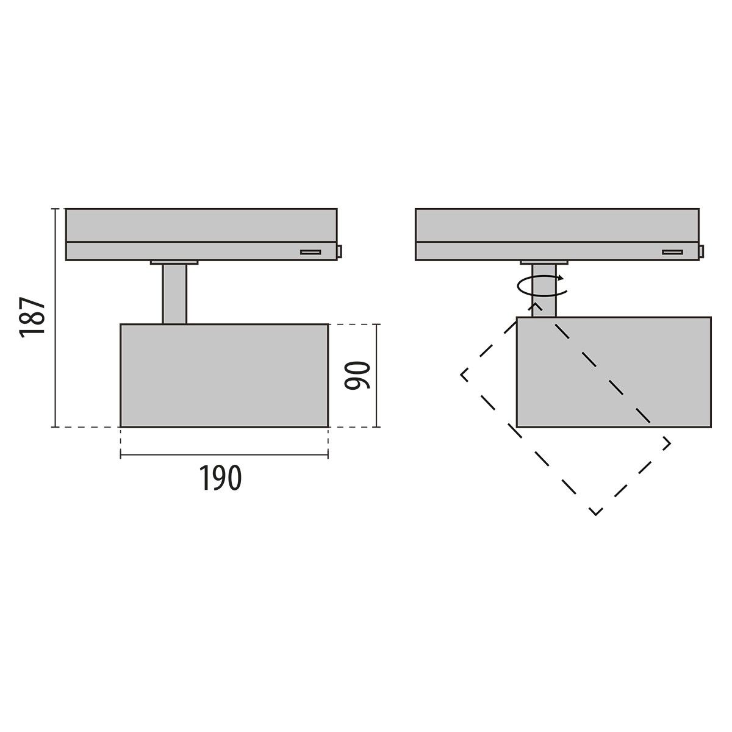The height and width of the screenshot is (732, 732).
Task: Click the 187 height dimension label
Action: click(32, 317)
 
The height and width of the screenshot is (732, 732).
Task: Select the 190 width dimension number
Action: click(220, 478)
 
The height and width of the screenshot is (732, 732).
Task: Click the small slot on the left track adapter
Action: click(310, 251)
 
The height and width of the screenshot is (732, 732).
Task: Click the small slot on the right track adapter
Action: click(673, 251)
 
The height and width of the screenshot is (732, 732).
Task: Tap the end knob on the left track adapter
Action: click(339, 251)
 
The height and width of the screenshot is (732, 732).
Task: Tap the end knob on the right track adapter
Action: click(702, 251)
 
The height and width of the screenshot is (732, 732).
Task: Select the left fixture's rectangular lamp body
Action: click(224, 375)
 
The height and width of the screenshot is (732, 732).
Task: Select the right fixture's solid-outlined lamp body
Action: click(613, 371)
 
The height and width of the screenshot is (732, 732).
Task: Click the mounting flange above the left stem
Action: click(174, 263)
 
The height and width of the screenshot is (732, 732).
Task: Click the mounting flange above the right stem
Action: click(544, 263)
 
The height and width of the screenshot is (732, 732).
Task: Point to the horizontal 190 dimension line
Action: click(224, 454)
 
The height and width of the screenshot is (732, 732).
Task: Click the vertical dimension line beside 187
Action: click(56, 317)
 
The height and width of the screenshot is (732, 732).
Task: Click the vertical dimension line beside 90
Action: click(377, 375)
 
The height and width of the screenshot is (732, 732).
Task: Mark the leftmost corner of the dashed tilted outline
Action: click(462, 373)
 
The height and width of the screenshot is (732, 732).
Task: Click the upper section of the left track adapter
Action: click(201, 225)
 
